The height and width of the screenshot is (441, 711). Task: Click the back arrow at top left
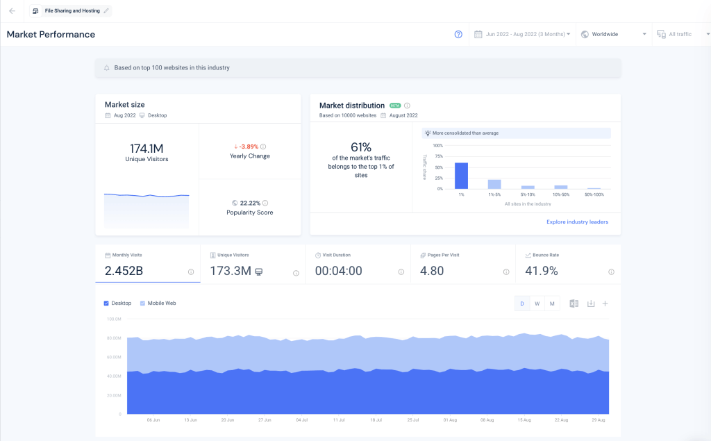(12, 11)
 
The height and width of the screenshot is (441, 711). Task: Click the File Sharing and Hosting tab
(71, 11)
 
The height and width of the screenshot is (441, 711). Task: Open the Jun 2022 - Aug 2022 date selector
(522, 34)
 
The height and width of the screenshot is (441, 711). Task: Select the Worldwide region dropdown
(614, 34)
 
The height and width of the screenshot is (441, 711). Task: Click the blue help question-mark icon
(458, 34)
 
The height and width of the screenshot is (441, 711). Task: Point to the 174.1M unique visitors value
(147, 148)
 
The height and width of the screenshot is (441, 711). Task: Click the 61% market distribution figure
(361, 147)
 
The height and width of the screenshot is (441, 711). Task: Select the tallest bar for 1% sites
(460, 176)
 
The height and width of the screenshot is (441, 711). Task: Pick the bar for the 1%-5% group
(494, 184)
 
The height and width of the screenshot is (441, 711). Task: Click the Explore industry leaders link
(577, 222)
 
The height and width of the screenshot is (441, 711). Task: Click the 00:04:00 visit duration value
(339, 271)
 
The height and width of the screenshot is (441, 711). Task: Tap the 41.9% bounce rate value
(542, 271)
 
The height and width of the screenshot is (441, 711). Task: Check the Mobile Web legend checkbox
(143, 303)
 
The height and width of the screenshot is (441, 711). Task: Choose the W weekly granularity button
(537, 303)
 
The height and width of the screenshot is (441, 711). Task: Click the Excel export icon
(574, 303)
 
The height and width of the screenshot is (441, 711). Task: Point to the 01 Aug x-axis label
(450, 420)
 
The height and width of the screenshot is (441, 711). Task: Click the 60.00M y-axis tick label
(114, 357)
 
